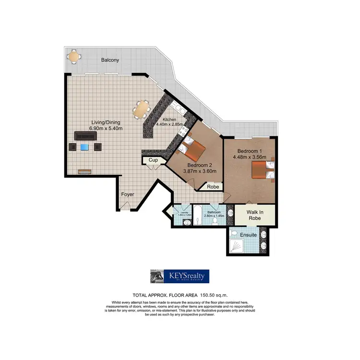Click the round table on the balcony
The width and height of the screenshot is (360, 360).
point(73,57)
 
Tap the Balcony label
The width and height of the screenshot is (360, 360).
point(110,60)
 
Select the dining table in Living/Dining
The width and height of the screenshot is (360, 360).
point(142,109)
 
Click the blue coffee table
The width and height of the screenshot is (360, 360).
point(85,147)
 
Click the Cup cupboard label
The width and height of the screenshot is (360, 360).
point(153,160)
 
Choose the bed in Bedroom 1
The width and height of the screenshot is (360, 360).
point(262,169)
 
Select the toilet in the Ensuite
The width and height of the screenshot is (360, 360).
point(234,233)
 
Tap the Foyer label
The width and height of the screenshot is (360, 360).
point(127,194)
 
